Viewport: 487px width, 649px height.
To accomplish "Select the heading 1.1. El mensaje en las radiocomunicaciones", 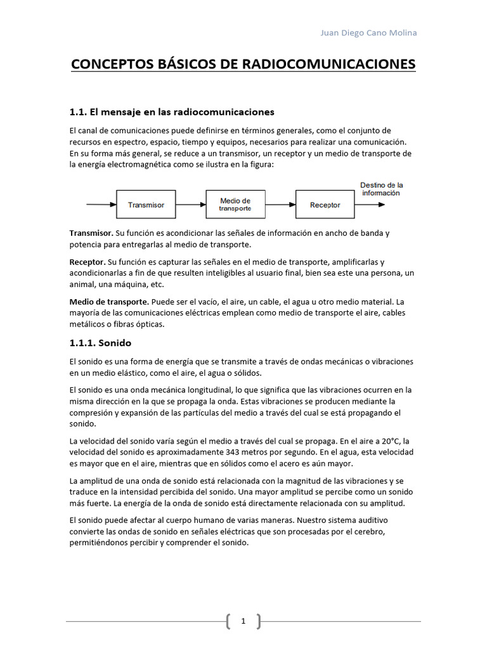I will coord(171,112).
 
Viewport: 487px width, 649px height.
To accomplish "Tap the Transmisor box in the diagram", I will coord(146,205).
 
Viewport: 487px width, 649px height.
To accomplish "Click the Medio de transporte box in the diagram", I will coord(235,205).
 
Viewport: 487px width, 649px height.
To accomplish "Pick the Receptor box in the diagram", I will coord(325,205).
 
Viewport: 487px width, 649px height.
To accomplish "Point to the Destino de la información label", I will coord(381,189).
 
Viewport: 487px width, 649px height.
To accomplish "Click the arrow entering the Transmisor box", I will coord(101,205).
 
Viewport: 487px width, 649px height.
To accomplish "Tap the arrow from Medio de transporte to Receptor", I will coord(280,205).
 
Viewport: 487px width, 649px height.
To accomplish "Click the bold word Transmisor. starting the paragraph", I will coord(91,233).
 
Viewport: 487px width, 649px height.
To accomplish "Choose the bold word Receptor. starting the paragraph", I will coord(88,262).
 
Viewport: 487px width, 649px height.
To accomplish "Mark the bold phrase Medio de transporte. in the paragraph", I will coord(109,302).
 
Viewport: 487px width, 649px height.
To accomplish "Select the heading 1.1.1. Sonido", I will coord(100,343).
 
